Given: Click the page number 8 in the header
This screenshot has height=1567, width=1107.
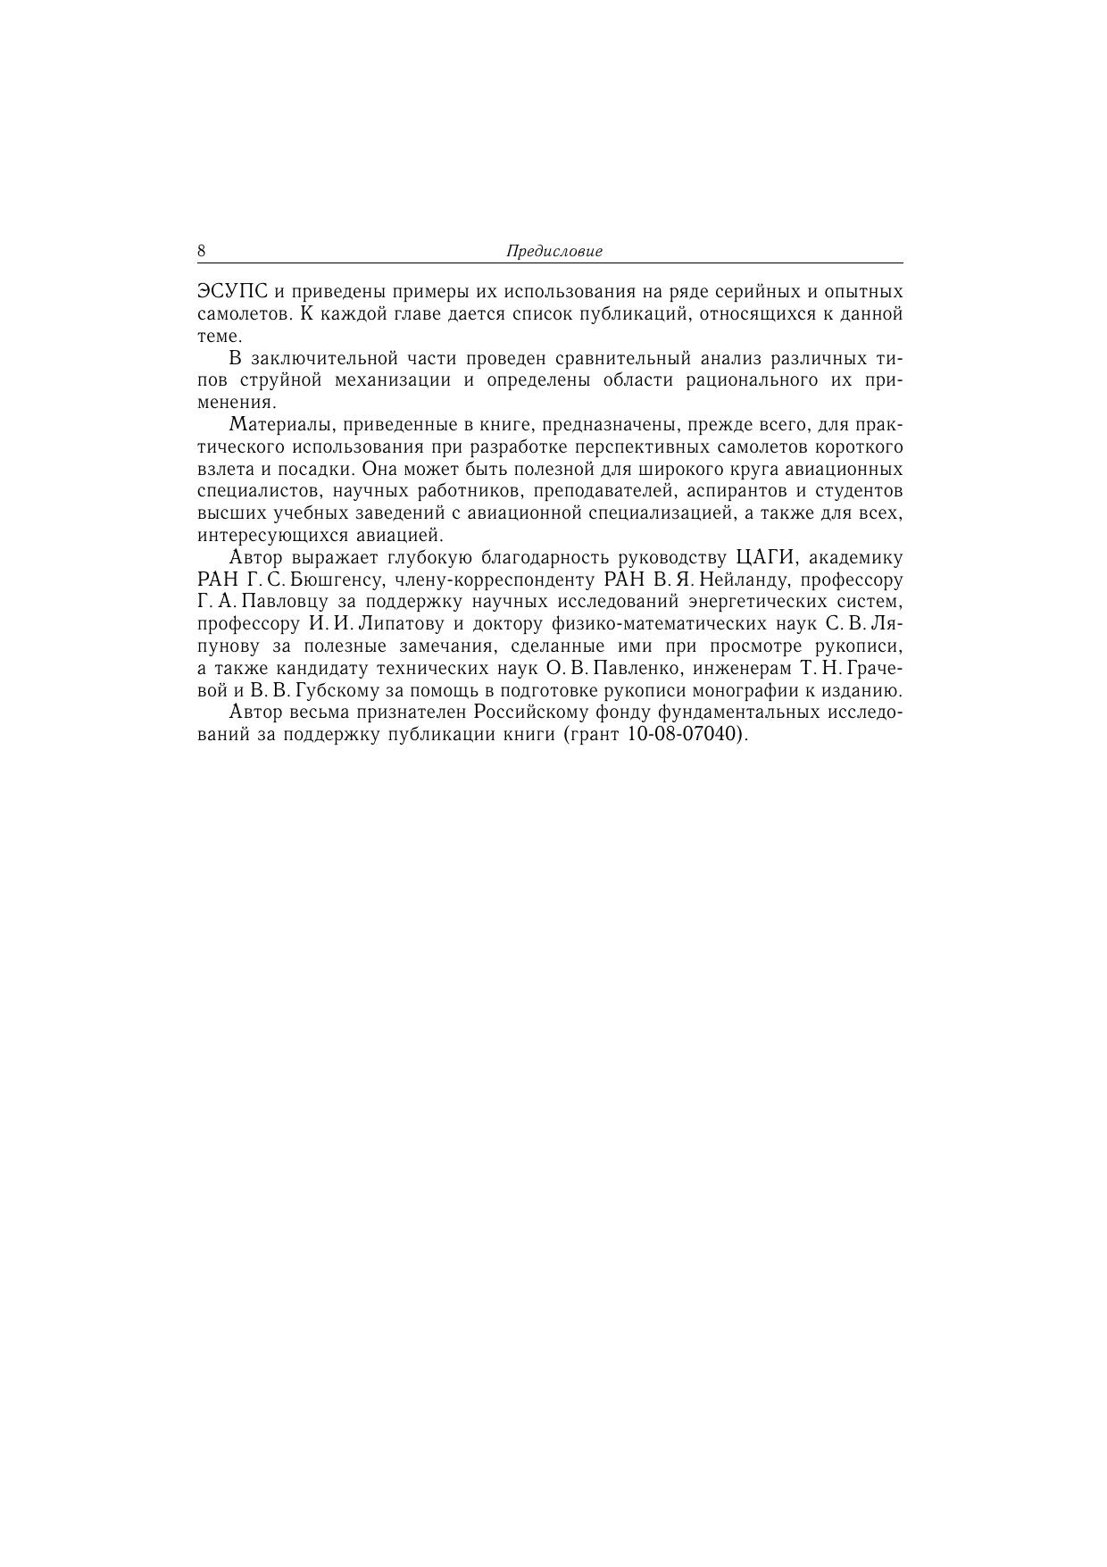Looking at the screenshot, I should coord(202,251).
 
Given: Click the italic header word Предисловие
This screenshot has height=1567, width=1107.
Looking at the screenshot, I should coord(554,252).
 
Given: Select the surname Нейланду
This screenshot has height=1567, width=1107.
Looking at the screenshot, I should coord(747,580).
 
